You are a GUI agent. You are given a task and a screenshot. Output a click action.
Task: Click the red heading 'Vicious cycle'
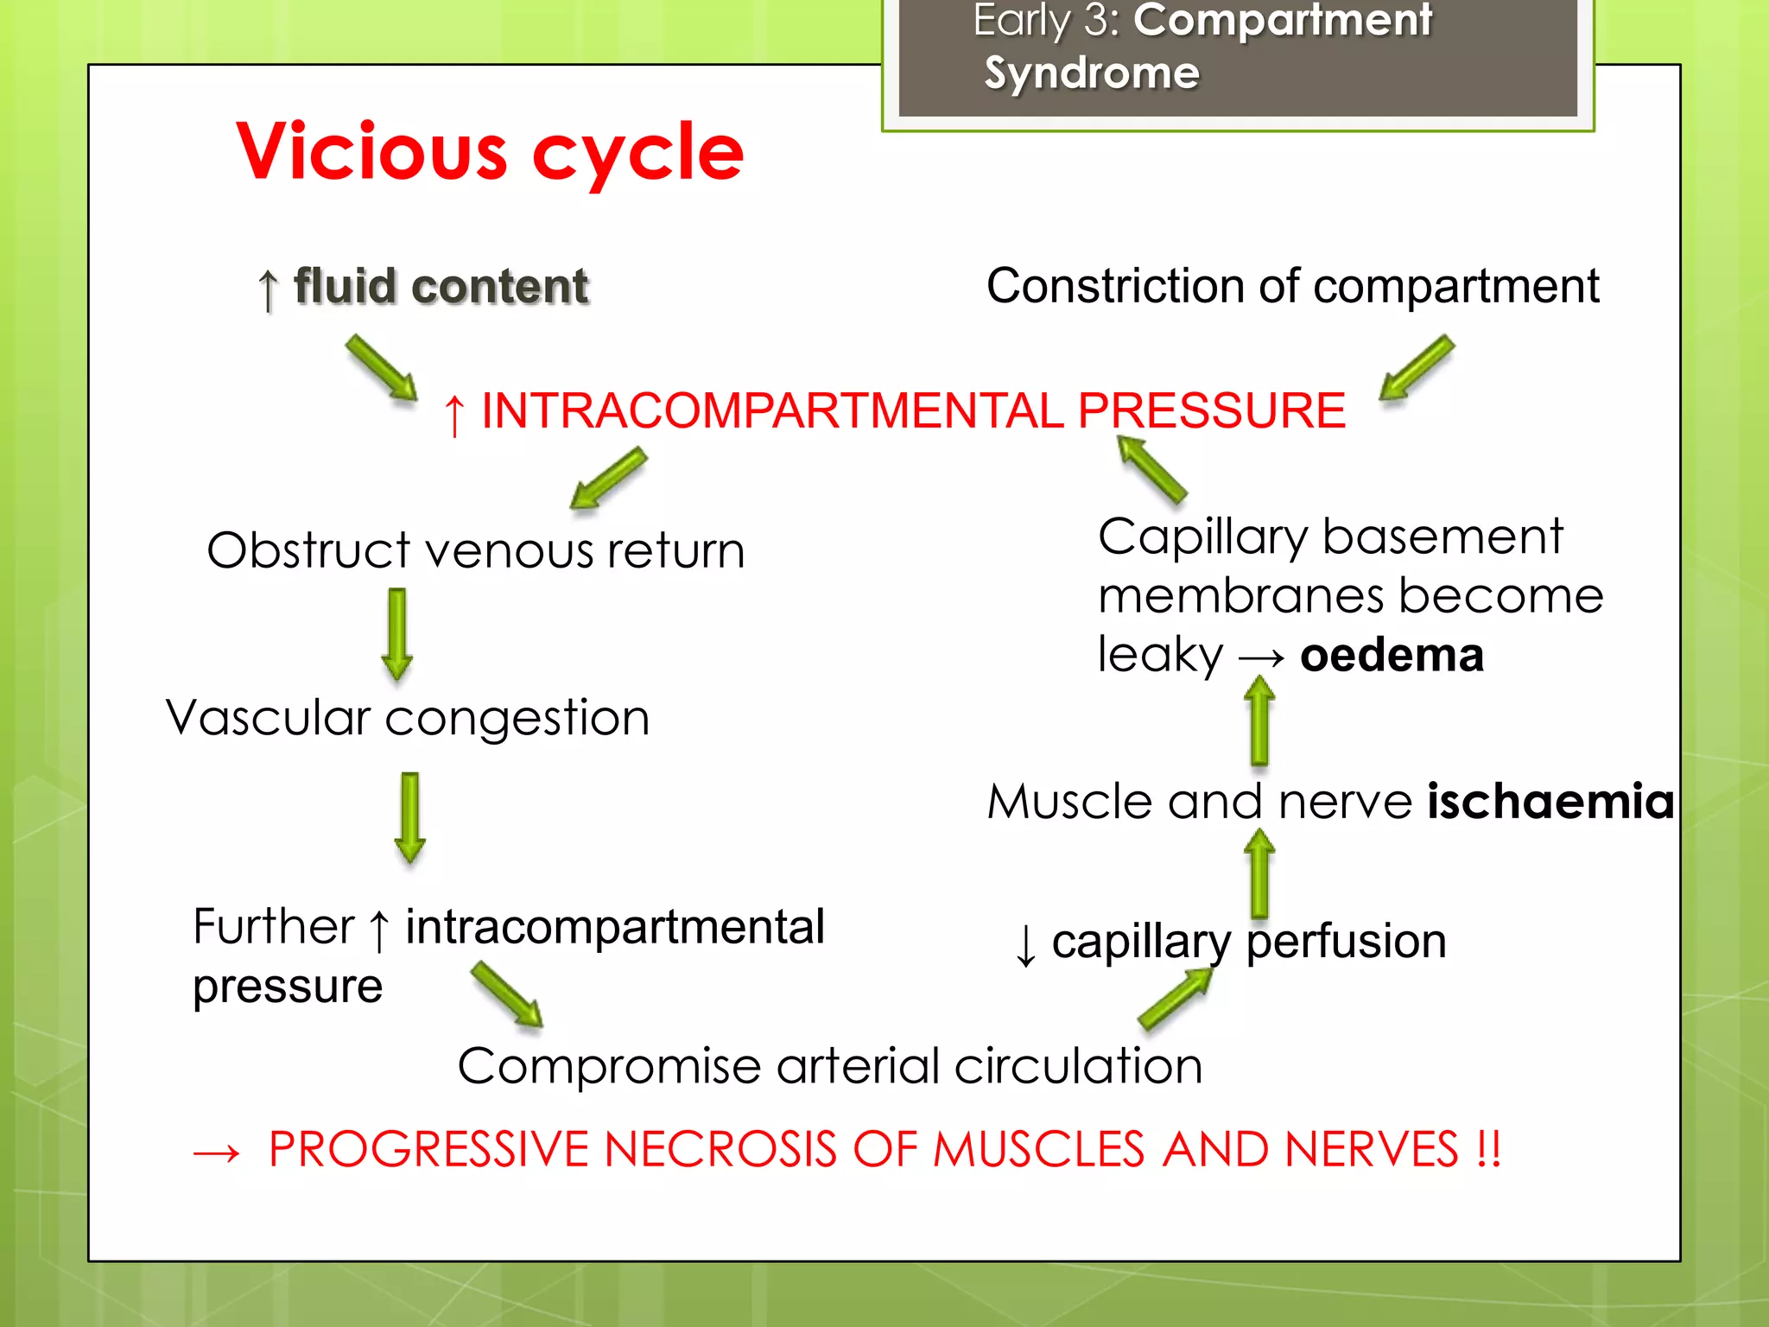pos(490,152)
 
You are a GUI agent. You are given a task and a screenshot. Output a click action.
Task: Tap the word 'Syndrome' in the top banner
pos(1092,73)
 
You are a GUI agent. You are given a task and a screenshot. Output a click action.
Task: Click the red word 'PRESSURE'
pos(1211,410)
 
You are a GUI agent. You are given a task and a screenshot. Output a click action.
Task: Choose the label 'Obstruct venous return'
pos(476,550)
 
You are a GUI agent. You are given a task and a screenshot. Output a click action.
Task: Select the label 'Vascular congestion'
pos(408,718)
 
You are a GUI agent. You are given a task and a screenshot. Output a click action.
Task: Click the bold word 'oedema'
pos(1392,655)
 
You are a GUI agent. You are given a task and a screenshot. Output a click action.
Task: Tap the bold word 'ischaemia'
pos(1550,801)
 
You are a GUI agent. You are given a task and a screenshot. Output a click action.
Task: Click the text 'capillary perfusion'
pos(1249,941)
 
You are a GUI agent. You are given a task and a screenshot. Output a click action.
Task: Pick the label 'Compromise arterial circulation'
pos(830,1066)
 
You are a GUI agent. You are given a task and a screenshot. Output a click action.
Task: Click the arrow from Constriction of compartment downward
pos(1417,368)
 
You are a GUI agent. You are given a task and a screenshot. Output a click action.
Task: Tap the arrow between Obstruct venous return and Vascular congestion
pos(397,634)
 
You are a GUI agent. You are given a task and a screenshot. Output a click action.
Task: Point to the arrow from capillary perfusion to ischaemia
pos(1259,873)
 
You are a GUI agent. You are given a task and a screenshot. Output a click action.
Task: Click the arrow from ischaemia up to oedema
pos(1259,720)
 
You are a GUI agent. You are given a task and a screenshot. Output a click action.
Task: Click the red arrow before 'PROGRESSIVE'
pos(216,1152)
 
